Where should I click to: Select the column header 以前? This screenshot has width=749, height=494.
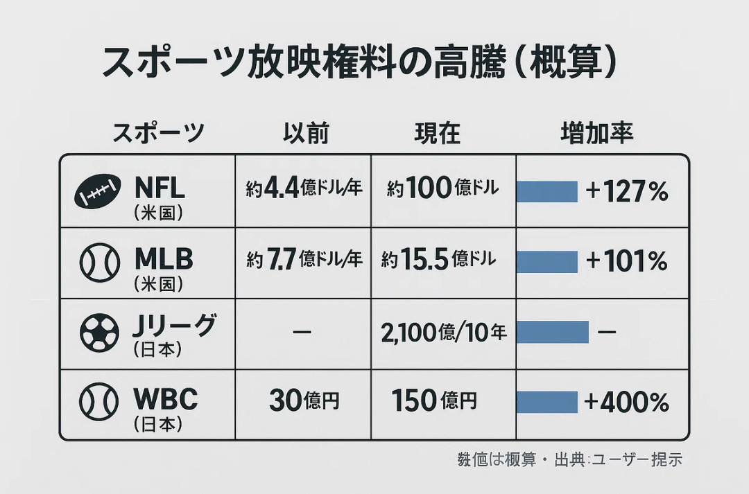coord(306,132)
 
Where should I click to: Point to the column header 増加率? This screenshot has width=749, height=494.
coord(596,132)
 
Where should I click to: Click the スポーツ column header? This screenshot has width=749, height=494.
coord(158,132)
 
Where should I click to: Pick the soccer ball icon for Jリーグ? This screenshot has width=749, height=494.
coord(99,333)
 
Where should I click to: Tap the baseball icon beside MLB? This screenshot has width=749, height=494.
coord(99,262)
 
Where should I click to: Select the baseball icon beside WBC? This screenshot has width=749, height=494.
coord(99,403)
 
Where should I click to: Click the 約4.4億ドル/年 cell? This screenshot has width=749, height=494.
coord(304,188)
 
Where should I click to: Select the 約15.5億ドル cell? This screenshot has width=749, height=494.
coord(438,260)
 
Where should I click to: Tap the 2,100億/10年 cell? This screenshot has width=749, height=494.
coord(444,333)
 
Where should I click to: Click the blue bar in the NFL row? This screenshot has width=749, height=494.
coord(547,191)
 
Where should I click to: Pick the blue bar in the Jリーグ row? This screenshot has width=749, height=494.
coord(553,333)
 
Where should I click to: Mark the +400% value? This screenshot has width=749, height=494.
coord(627,402)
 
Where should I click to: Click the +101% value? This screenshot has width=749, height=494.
coord(626,261)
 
